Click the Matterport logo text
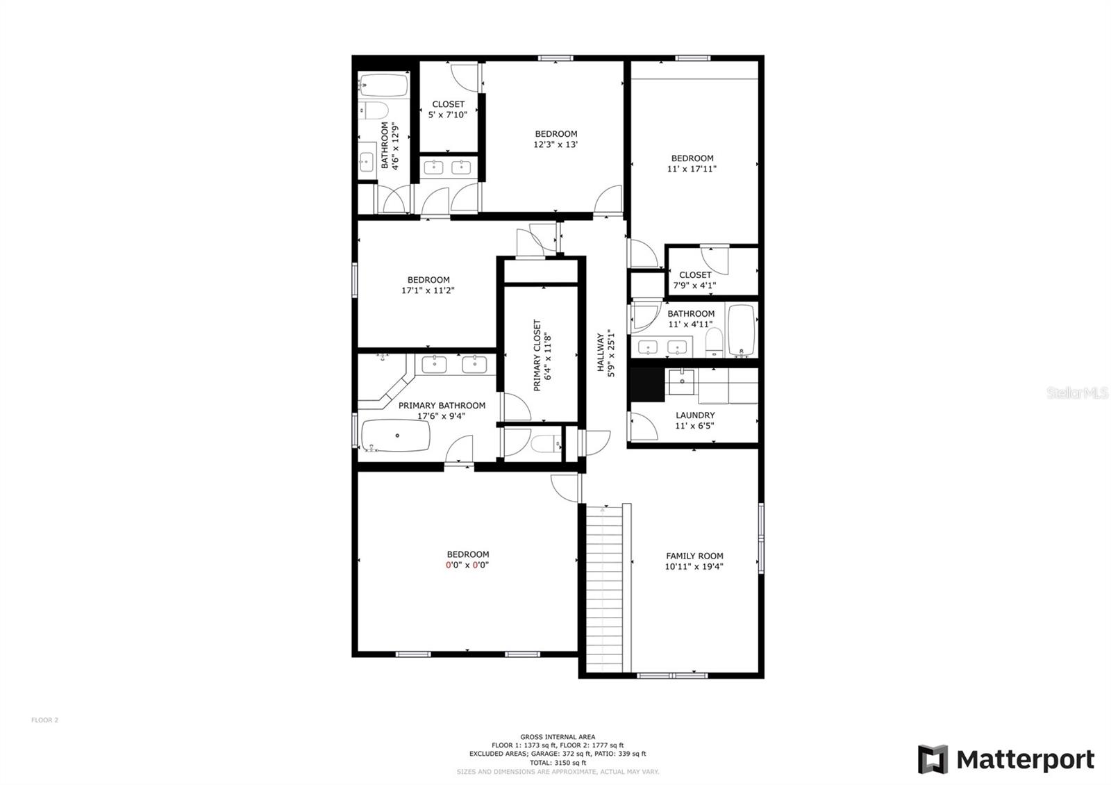(x=1025, y=759)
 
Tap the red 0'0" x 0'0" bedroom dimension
(x=467, y=565)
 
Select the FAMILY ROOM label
(x=694, y=556)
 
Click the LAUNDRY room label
(x=695, y=415)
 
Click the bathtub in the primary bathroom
(x=396, y=436)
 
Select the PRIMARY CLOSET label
(x=537, y=355)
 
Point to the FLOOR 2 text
(x=44, y=720)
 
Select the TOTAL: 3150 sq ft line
(x=558, y=762)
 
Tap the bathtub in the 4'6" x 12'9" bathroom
(x=383, y=85)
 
